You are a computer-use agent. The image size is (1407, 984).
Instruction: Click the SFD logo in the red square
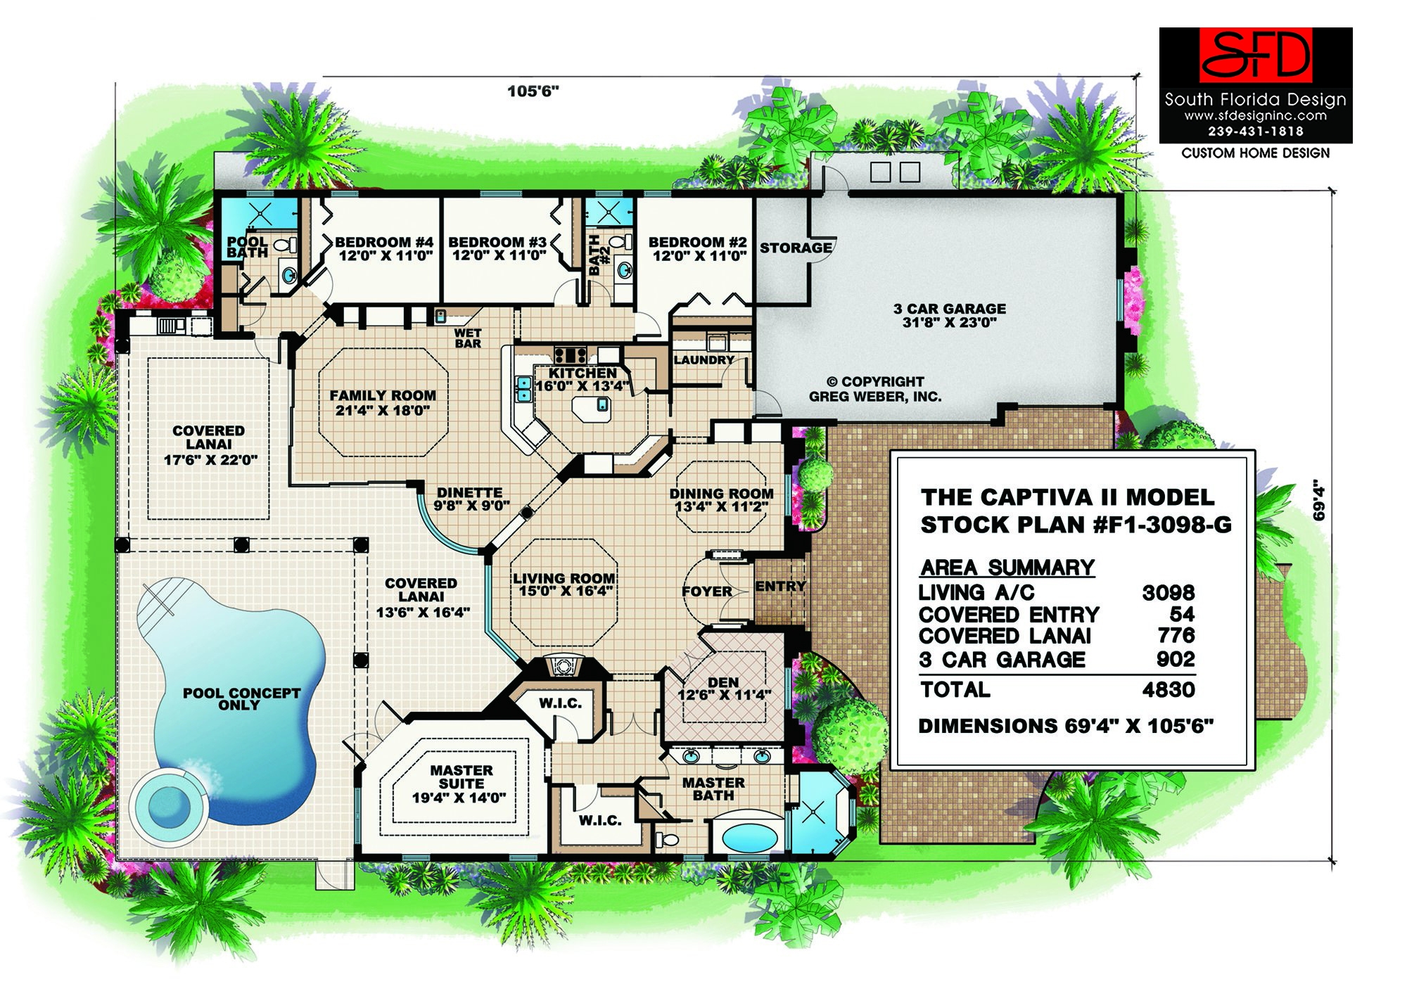point(1256,55)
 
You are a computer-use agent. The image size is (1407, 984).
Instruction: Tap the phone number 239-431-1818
point(1256,132)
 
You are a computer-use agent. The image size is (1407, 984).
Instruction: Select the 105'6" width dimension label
point(533,91)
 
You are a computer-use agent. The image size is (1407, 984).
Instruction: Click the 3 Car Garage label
point(949,316)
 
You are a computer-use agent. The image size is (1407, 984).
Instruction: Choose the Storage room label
point(795,248)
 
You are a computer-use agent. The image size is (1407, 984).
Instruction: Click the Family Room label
point(382,403)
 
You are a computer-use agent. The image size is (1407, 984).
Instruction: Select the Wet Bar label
point(468,338)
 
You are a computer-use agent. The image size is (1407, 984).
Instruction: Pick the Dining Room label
point(721,500)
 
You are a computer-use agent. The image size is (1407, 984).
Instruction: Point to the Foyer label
point(706,592)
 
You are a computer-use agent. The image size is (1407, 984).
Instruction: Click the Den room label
point(723,689)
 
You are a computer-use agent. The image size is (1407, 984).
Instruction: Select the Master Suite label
point(460,784)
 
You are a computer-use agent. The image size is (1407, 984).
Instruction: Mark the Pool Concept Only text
point(241,699)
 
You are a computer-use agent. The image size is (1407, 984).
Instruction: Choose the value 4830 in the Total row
point(1168,690)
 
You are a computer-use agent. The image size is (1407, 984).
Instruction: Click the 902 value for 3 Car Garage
point(1175,660)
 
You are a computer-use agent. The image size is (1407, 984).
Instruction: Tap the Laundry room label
point(703,360)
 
